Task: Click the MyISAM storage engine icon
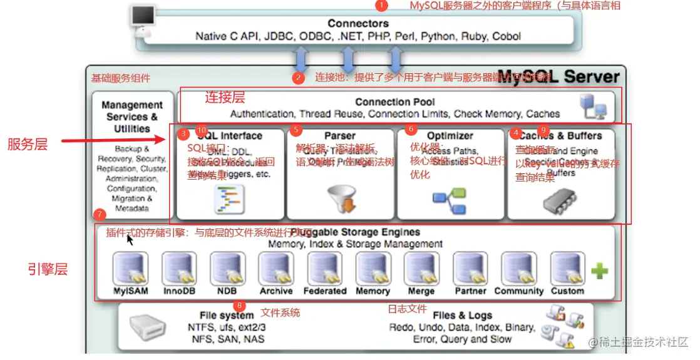pos(130,269)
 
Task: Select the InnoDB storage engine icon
pos(179,269)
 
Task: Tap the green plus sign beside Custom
pos(599,270)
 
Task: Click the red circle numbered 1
pos(381,6)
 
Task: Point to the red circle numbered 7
pos(99,214)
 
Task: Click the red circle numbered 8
pos(239,306)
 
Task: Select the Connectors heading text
pos(358,23)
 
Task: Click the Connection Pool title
pos(394,101)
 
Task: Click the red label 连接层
pos(225,97)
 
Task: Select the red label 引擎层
pos(48,269)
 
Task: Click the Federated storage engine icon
pos(324,269)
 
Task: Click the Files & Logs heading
pos(462,316)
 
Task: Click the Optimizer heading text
pos(450,135)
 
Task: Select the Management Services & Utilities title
pos(131,116)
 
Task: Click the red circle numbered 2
pos(299,78)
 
